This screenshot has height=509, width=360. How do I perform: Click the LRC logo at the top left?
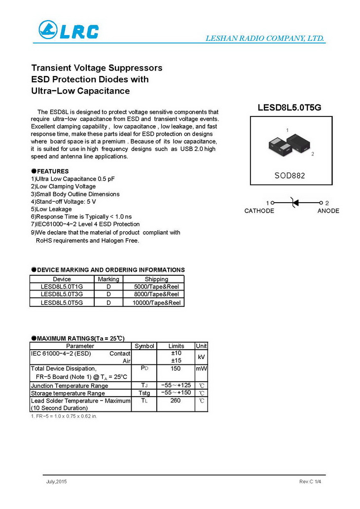(69, 31)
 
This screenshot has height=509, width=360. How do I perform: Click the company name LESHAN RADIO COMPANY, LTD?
(264, 38)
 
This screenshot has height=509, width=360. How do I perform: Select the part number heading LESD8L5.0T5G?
(289, 108)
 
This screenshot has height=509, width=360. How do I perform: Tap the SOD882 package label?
(289, 176)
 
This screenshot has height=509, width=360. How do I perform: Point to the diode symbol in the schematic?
(294, 202)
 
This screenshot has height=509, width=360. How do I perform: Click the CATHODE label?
(259, 211)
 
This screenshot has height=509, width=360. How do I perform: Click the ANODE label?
(328, 211)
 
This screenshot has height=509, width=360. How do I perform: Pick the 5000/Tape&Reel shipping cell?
(156, 287)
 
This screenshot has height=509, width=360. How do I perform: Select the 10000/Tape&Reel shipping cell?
(156, 303)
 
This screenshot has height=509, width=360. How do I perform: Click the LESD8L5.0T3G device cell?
(62, 294)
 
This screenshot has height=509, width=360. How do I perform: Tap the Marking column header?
(108, 279)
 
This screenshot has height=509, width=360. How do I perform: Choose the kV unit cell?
(201, 357)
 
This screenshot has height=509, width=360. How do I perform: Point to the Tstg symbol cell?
(144, 393)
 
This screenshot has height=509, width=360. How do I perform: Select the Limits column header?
(176, 346)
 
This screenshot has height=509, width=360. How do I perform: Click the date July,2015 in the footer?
(56, 481)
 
